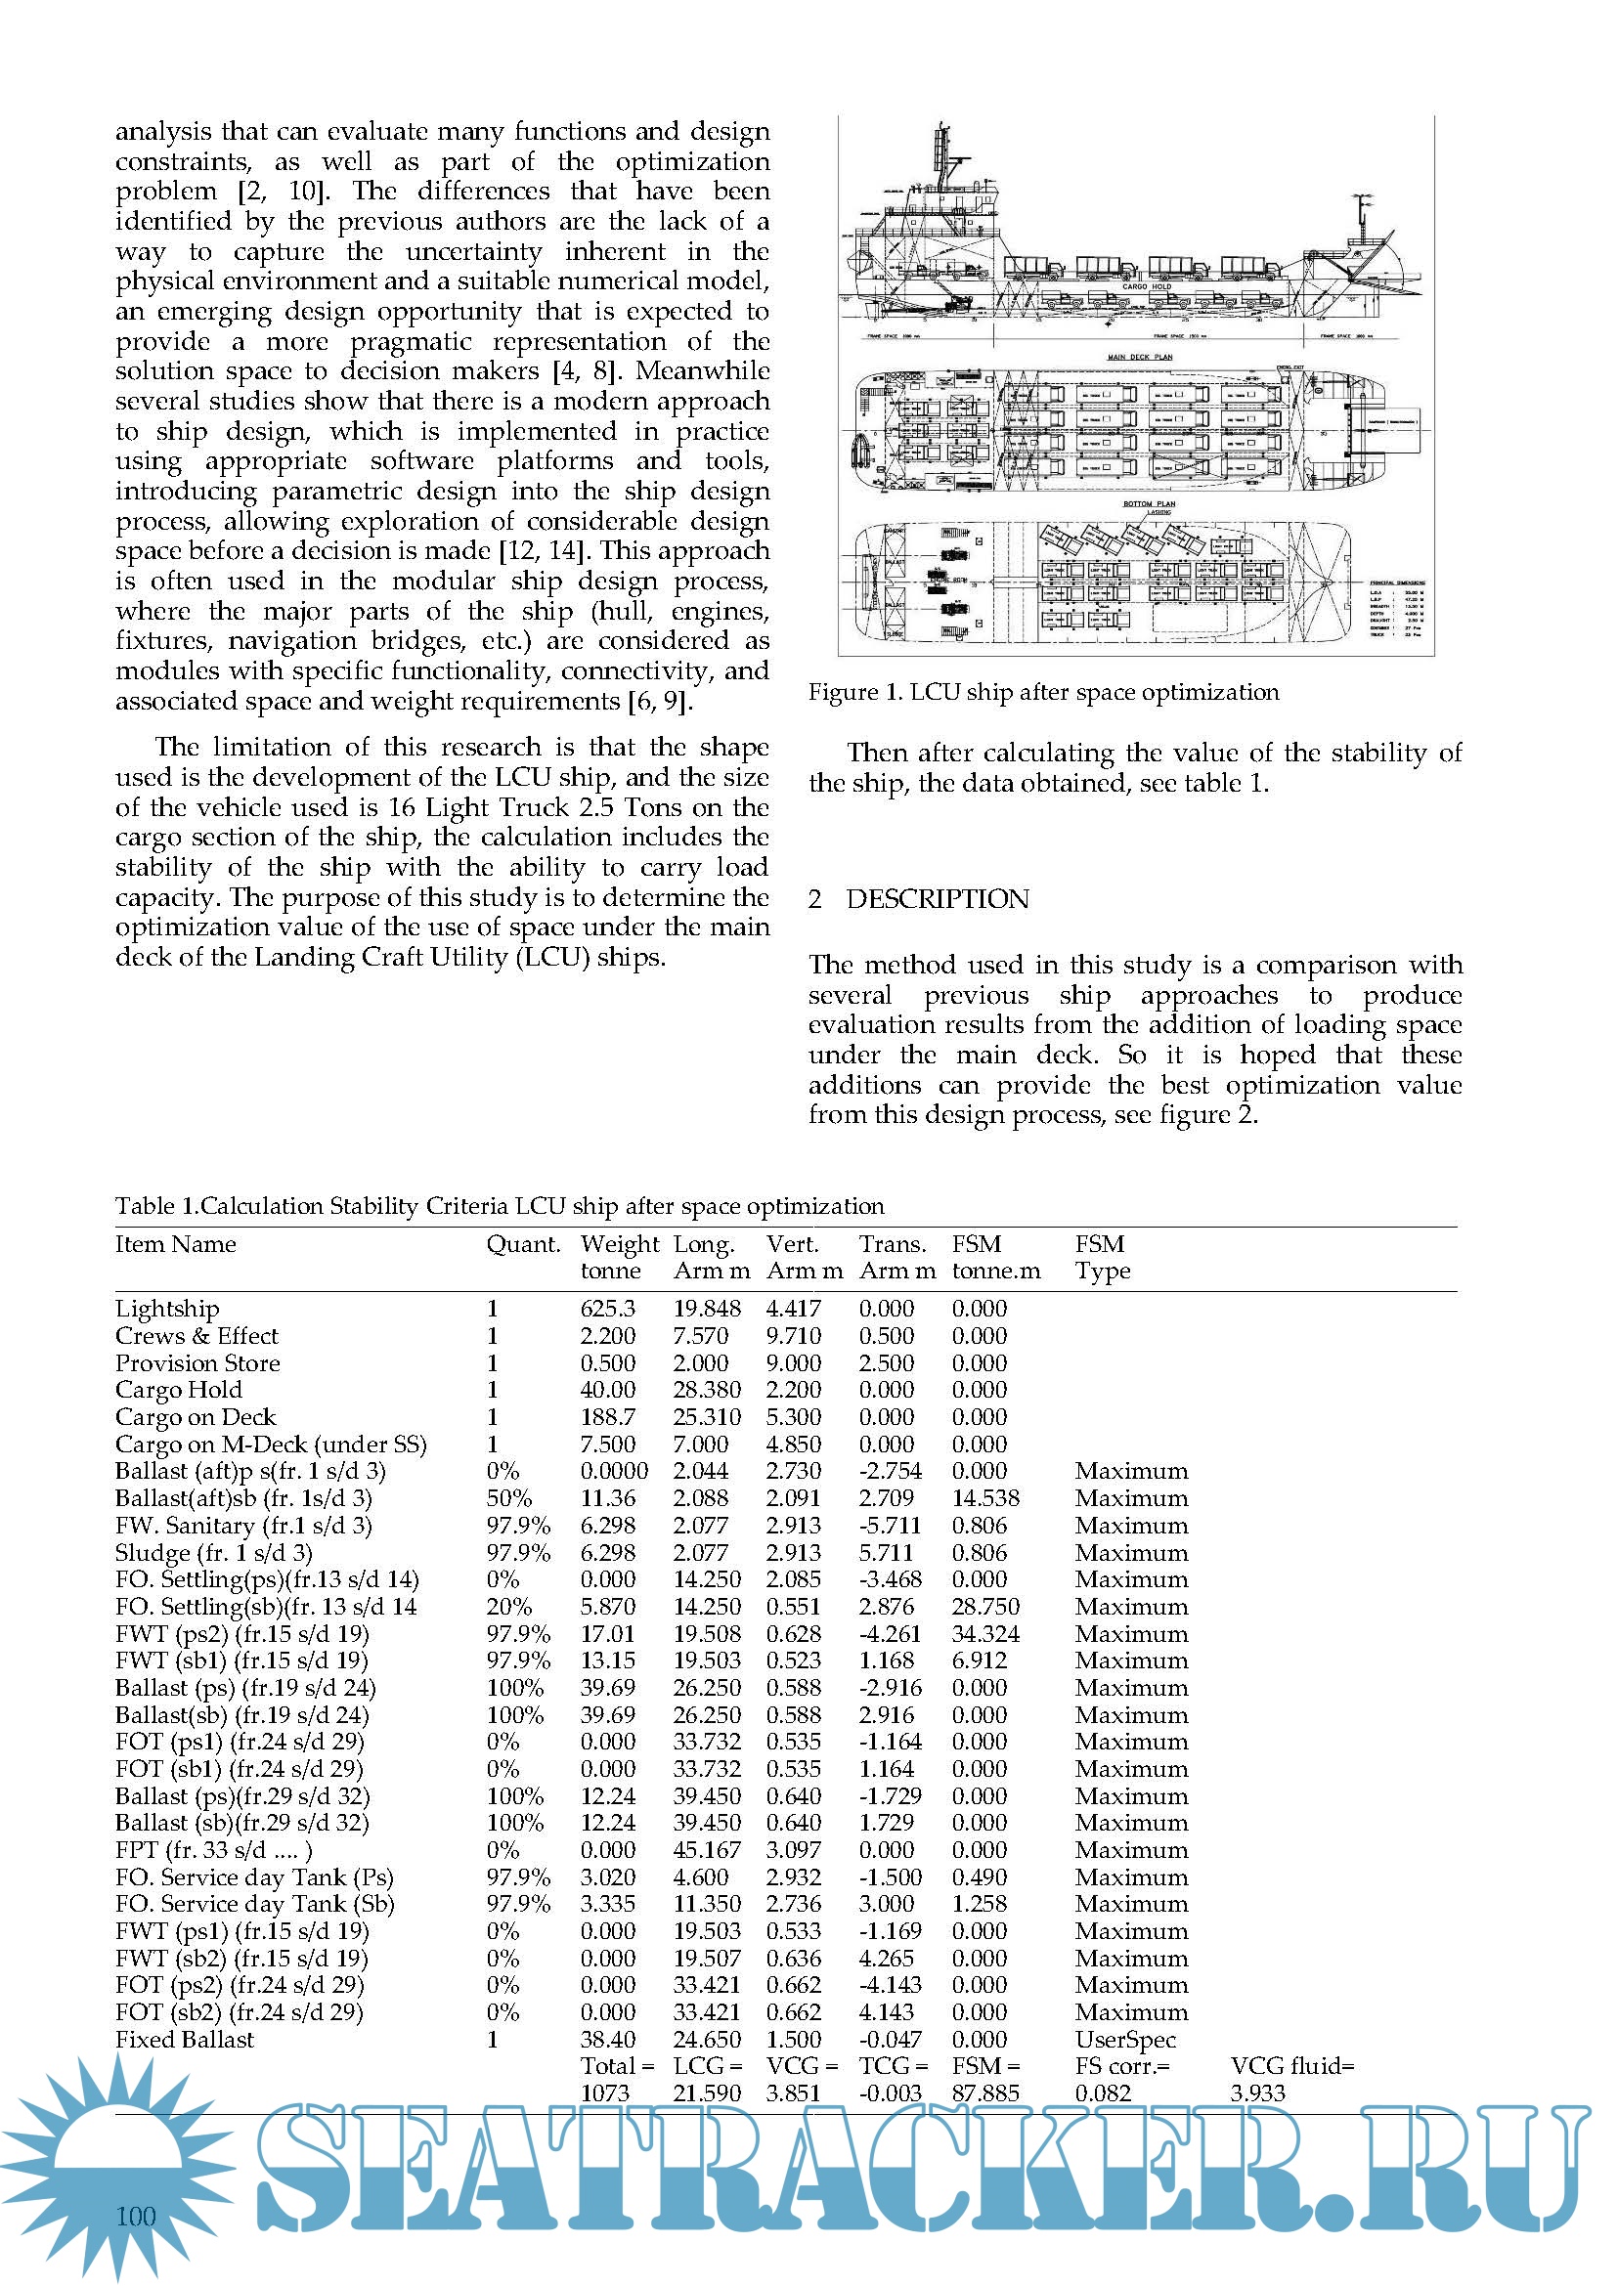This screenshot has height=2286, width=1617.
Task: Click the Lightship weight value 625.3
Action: point(607,1309)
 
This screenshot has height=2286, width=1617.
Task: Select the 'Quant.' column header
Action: point(523,1244)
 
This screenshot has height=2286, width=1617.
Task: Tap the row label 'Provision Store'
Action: point(197,1363)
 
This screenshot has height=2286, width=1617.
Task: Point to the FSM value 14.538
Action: point(984,1498)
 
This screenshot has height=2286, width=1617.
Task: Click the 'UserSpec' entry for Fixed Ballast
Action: point(1125,2039)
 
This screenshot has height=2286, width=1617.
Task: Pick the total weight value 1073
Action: point(604,2092)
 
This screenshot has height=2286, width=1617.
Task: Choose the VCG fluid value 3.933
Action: point(1257,2092)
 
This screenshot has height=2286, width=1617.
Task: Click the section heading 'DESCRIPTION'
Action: point(937,899)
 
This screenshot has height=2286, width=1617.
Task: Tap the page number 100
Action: point(136,2216)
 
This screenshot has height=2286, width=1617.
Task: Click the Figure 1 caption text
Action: point(1043,692)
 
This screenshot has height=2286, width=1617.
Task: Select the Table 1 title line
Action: point(499,1206)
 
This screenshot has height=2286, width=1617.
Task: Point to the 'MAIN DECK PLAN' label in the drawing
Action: point(1139,357)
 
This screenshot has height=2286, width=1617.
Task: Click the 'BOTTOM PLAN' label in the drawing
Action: point(1149,503)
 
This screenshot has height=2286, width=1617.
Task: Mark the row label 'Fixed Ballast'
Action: point(184,2039)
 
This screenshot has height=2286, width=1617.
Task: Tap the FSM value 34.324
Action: point(984,1634)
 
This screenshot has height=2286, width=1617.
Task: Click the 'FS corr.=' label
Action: point(1122,2066)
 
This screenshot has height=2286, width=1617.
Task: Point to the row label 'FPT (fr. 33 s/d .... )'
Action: point(213,1850)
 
